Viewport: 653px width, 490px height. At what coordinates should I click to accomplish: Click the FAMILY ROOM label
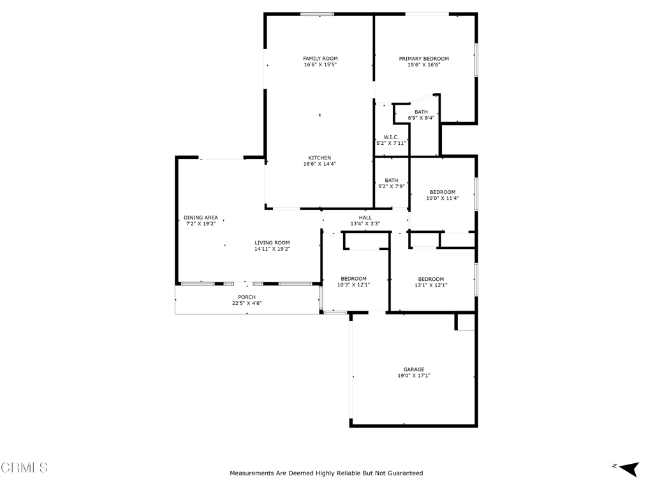320,59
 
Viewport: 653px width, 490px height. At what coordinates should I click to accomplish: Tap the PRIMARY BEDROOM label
424,59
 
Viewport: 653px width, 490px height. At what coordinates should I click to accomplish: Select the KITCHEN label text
319,158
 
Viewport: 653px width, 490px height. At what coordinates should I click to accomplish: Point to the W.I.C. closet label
391,137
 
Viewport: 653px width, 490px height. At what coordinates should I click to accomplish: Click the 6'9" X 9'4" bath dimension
421,118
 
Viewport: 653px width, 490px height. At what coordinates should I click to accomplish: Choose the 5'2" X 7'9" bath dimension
391,186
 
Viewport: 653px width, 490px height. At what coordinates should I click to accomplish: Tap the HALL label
365,218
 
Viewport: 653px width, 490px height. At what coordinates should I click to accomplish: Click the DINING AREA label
201,218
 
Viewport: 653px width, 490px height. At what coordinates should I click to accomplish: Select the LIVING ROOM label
272,242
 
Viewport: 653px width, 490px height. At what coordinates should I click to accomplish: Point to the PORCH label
247,297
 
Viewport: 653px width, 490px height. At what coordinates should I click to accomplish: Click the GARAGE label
414,369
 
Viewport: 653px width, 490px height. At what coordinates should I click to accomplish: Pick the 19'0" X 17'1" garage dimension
414,376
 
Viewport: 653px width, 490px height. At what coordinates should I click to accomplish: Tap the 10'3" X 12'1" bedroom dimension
353,285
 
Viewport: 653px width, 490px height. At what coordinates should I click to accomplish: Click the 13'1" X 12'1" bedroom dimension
431,285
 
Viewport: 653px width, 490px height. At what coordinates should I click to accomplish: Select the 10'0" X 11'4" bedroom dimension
443,198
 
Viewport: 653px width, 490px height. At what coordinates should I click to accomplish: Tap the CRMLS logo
24,468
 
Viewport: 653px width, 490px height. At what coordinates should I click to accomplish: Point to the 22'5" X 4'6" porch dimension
247,304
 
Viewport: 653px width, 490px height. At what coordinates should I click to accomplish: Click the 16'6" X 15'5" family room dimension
320,65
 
